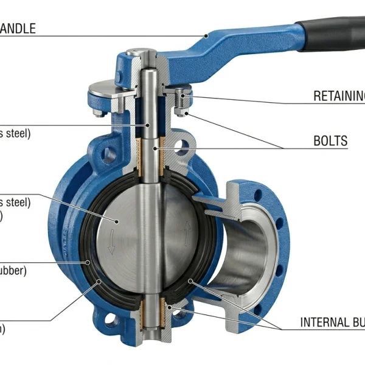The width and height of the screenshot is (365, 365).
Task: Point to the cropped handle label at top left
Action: tap(18, 28)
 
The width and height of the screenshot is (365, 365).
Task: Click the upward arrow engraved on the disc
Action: tap(187, 229)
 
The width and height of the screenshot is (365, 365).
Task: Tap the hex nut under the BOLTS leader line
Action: tap(181, 111)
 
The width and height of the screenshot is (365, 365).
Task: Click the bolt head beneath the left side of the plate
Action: tap(98, 113)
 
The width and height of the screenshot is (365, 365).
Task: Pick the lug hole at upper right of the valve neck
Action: tap(181, 147)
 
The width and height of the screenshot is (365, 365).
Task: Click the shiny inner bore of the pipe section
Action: tap(243, 249)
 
